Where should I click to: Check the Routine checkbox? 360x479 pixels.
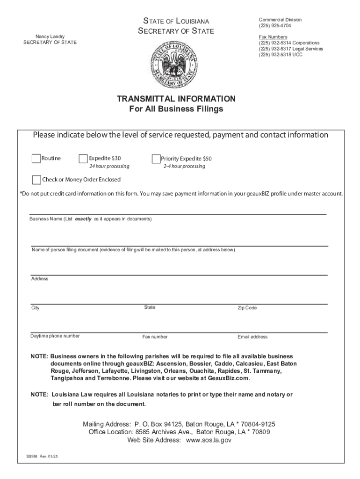(x=36, y=159)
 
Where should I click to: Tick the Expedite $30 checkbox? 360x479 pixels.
(x=84, y=159)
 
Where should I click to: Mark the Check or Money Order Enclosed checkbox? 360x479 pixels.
(x=36, y=180)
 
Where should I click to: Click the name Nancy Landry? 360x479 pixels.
(x=50, y=36)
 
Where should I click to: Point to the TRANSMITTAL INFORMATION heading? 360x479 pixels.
(x=176, y=99)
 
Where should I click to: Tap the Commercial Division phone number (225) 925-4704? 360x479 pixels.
(x=275, y=26)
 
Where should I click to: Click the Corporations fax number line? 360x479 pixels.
(x=289, y=43)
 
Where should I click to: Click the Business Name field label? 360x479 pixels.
(x=90, y=219)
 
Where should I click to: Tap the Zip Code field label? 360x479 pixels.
(x=247, y=308)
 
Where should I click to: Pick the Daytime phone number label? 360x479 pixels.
(x=55, y=336)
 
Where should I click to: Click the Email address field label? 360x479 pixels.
(x=252, y=337)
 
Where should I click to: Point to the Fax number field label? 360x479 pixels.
(x=155, y=337)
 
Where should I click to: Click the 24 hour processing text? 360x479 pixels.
(x=109, y=167)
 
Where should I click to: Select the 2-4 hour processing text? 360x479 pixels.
(x=184, y=167)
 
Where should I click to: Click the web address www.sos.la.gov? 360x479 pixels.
(x=209, y=440)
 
